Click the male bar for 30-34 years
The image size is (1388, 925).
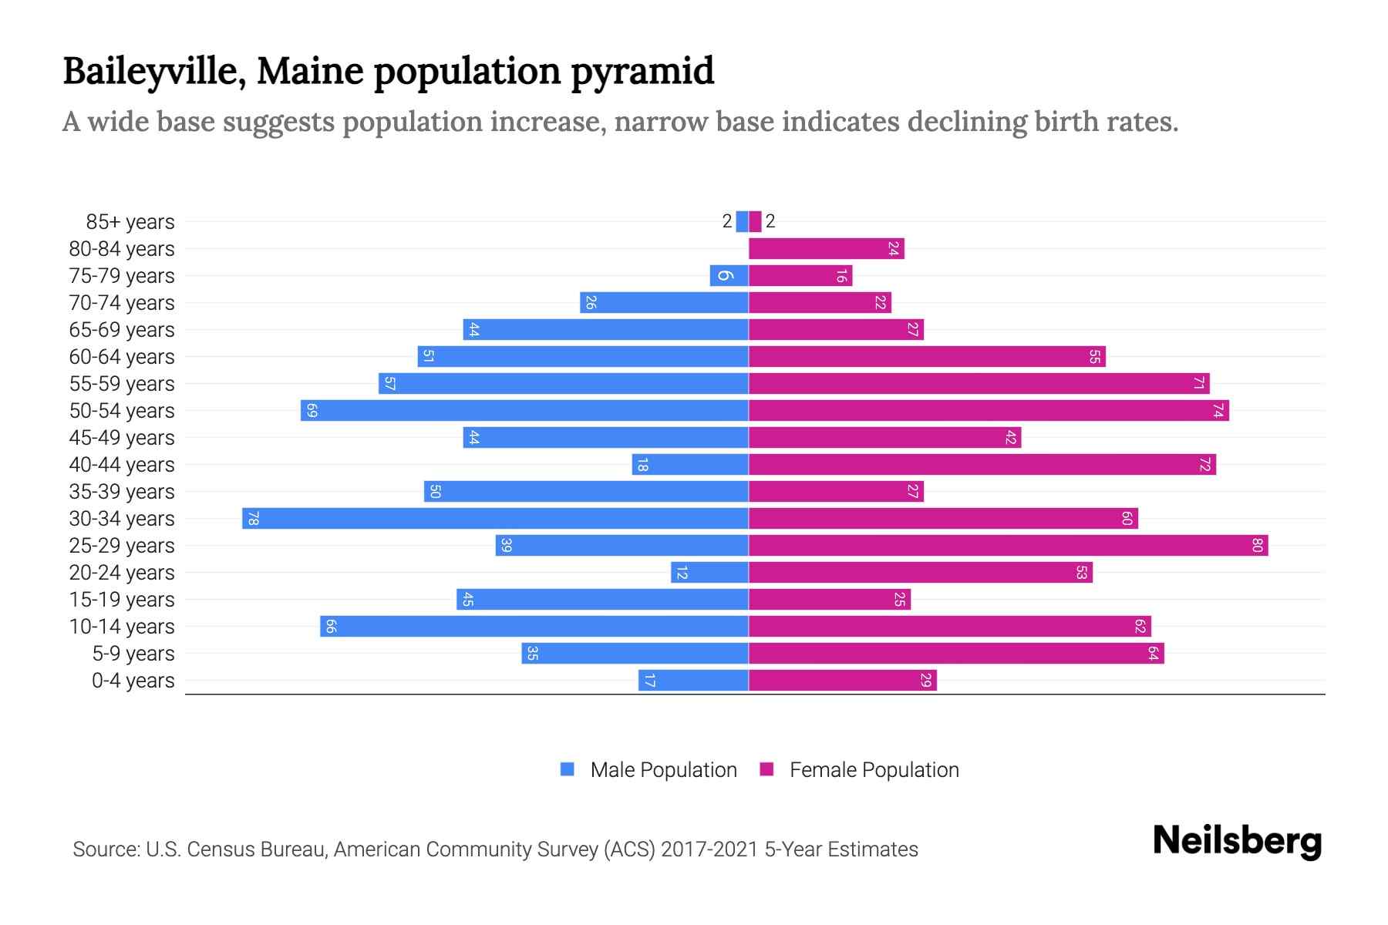pyautogui.click(x=495, y=518)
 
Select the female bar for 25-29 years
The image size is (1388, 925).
pyautogui.click(x=1008, y=546)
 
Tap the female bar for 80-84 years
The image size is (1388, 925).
pyautogui.click(x=826, y=249)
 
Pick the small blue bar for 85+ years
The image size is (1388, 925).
pyautogui.click(x=742, y=222)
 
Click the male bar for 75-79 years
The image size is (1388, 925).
pyautogui.click(x=729, y=276)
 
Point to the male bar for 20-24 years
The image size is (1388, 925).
pyautogui.click(x=709, y=573)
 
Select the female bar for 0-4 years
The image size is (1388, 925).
pyautogui.click(x=842, y=681)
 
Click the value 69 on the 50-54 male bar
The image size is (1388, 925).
pyautogui.click(x=312, y=411)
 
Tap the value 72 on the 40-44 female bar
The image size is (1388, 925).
pyautogui.click(x=1204, y=465)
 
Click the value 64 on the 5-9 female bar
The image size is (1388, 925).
pyautogui.click(x=1153, y=654)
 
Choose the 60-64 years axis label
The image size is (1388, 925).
pyautogui.click(x=122, y=357)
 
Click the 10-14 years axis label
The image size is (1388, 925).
pyautogui.click(x=122, y=627)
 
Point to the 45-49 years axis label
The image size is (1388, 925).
pyautogui.click(x=122, y=438)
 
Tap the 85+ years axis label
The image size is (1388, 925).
pyautogui.click(x=130, y=222)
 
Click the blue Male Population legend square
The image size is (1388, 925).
pyautogui.click(x=568, y=769)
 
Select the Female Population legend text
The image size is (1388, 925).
pyautogui.click(x=874, y=769)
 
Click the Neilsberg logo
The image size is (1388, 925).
pyautogui.click(x=1237, y=841)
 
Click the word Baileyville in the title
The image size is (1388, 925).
pyautogui.click(x=154, y=72)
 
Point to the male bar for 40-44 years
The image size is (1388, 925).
pyautogui.click(x=690, y=465)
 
